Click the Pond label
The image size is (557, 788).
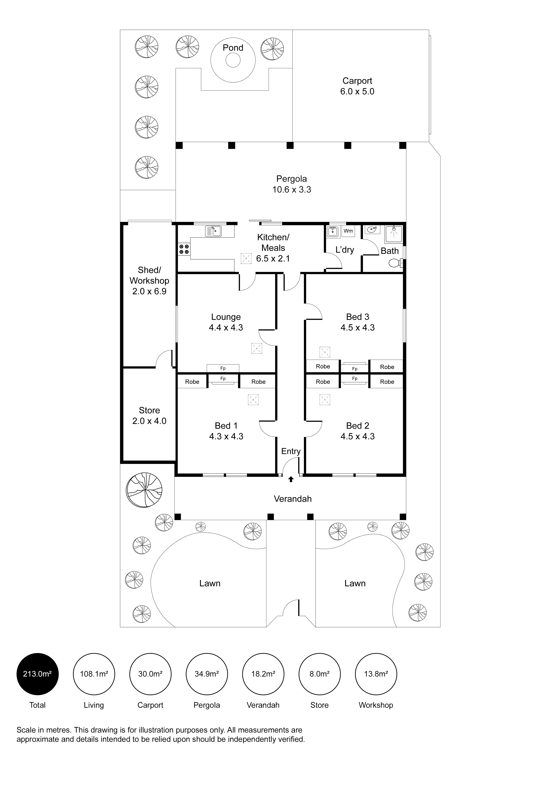233,48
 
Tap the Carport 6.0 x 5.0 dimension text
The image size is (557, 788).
357,92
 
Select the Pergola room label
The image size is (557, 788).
292,179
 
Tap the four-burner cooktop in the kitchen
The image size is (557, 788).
184,249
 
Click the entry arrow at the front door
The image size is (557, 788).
291,479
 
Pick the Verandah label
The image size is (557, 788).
293,499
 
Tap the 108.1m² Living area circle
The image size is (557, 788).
94,674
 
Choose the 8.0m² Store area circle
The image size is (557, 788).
320,674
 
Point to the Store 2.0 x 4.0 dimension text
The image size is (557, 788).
149,421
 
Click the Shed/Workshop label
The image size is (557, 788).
149,276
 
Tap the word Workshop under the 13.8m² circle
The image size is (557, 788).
376,705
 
